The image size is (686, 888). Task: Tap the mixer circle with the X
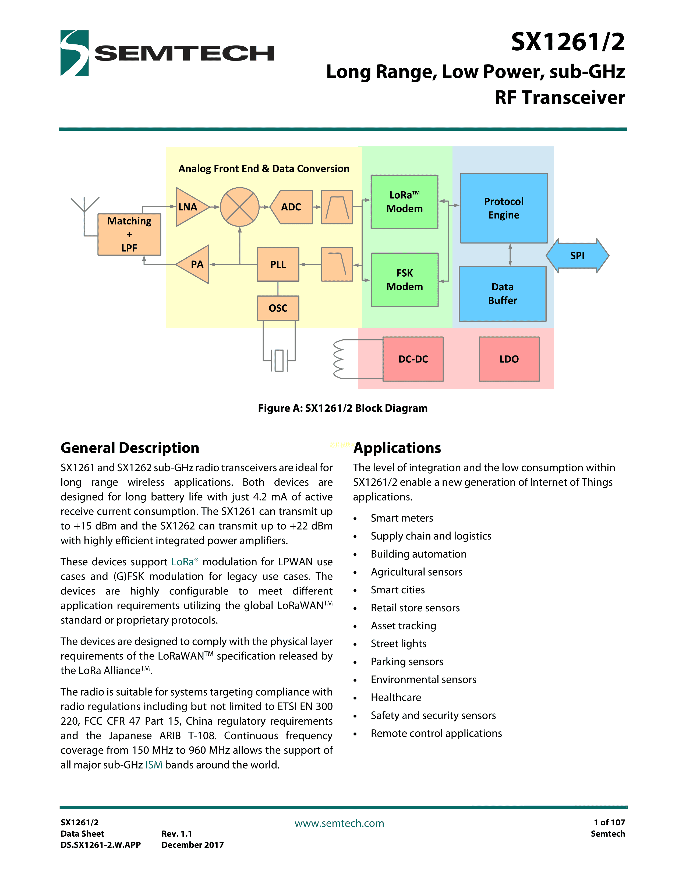(x=240, y=207)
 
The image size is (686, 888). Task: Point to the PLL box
(x=278, y=264)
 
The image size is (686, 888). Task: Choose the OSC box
(x=278, y=308)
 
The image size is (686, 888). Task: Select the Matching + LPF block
(x=129, y=235)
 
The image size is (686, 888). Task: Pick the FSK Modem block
(x=404, y=280)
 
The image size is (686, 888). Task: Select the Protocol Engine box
(x=504, y=208)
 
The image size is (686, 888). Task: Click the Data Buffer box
(x=502, y=294)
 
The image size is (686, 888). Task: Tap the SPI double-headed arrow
(x=577, y=256)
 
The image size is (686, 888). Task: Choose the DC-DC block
(x=413, y=359)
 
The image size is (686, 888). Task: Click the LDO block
(x=509, y=359)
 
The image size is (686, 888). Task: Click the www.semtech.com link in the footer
(x=339, y=823)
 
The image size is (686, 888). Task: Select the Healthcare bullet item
(x=396, y=698)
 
